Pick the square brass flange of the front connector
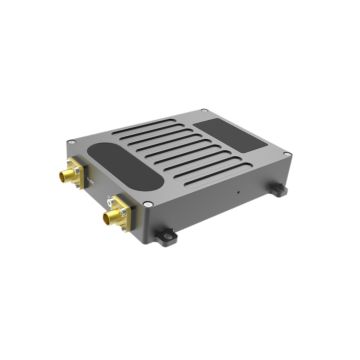pyautogui.click(x=119, y=211)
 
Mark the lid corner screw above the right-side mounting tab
pyautogui.click(x=286, y=153)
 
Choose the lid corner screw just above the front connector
pyautogui.click(x=148, y=203)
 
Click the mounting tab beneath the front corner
pyautogui.click(x=165, y=236)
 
